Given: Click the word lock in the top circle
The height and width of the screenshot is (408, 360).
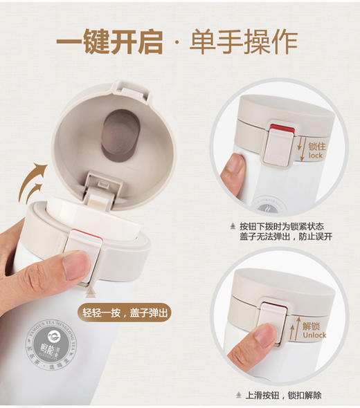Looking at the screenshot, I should point(316,156).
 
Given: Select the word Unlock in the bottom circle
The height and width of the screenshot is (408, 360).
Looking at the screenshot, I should point(315,336).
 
